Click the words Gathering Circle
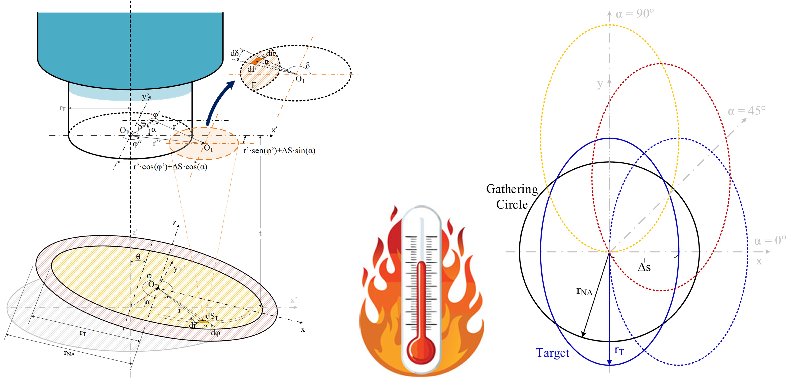512,197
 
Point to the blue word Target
553,353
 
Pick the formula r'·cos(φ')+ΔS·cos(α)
170,167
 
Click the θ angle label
138,257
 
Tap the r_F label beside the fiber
63,108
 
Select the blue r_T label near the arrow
619,350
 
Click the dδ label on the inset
235,53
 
